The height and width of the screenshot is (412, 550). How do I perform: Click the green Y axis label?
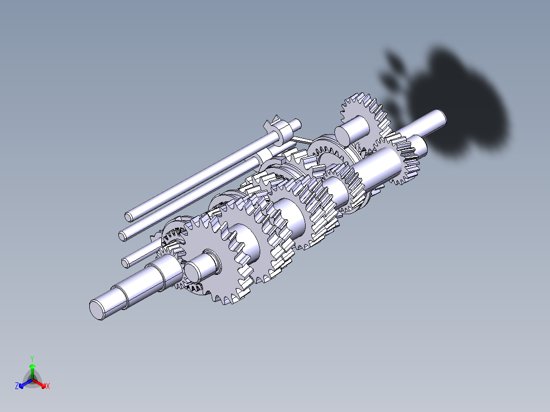tap(32, 358)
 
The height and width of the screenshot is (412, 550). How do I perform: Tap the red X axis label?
tap(48, 387)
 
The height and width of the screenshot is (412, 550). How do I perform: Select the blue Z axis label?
tap(17, 387)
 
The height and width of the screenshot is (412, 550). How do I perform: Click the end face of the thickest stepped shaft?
tap(97, 309)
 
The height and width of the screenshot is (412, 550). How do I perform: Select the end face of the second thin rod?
tap(122, 235)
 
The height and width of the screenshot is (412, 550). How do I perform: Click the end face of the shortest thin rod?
tap(125, 262)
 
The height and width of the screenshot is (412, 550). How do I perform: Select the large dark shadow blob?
tap(459, 102)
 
